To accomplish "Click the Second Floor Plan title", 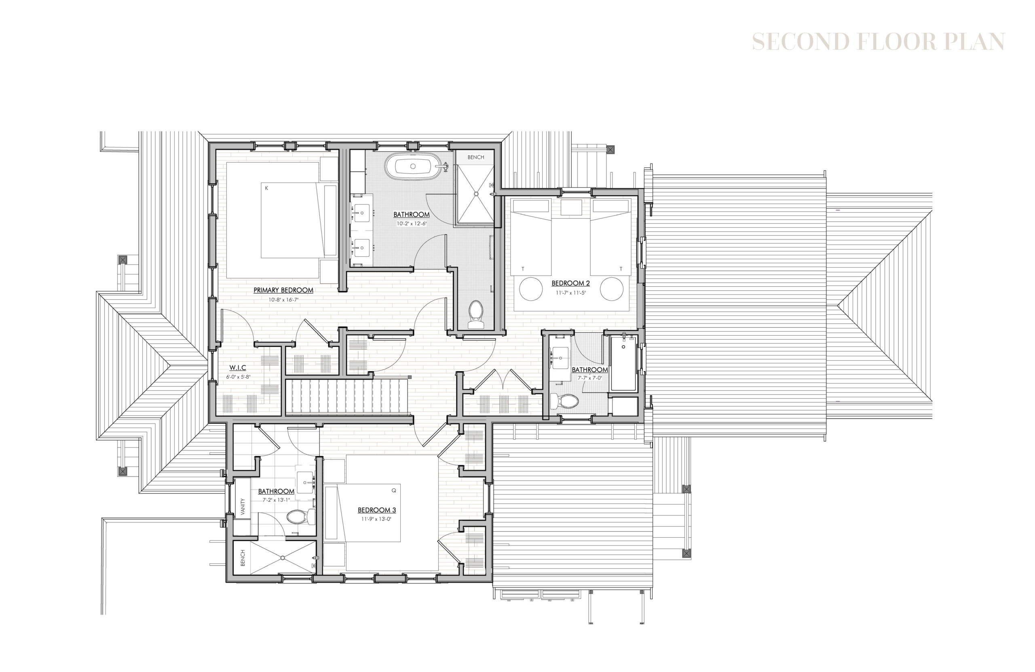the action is [879, 42].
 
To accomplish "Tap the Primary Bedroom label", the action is [283, 290].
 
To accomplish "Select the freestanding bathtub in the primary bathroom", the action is [413, 166].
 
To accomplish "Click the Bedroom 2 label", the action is [570, 283].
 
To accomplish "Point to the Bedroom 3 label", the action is [376, 510].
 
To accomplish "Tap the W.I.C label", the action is [238, 368].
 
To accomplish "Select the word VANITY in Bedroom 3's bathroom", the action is [243, 507].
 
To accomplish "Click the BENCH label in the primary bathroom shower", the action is [476, 157].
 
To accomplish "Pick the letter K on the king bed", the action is [266, 188].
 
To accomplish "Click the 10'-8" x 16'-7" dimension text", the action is [283, 300].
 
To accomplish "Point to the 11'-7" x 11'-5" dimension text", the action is [570, 293].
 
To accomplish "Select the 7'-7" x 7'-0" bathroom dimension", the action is [589, 378].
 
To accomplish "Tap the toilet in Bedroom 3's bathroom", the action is [300, 516].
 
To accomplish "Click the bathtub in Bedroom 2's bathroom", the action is [623, 363].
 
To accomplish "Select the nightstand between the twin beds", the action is [571, 207].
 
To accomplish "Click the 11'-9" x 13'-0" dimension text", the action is [376, 519].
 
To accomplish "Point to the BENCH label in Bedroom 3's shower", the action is [243, 558].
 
